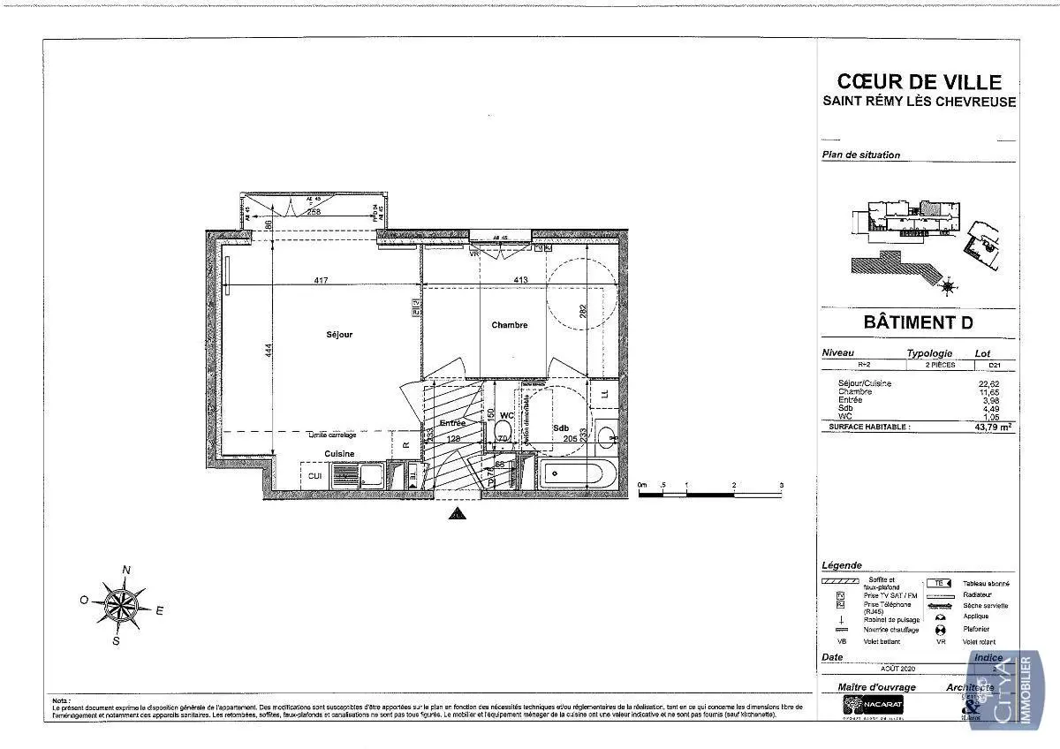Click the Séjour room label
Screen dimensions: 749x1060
[x=339, y=335]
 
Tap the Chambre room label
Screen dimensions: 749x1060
[x=510, y=325]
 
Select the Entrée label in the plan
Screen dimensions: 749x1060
[x=452, y=423]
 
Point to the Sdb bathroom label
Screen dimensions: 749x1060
[x=561, y=427]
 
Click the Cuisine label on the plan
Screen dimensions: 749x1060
[x=339, y=453]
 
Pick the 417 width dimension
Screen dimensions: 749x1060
[x=321, y=281]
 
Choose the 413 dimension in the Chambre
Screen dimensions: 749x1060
[x=520, y=281]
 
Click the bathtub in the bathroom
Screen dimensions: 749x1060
[x=577, y=474]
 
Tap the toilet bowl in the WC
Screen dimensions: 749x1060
[x=503, y=430]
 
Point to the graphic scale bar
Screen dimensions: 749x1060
[x=711, y=493]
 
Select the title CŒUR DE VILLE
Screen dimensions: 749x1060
[x=919, y=82]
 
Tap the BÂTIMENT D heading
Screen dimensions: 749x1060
[x=919, y=322]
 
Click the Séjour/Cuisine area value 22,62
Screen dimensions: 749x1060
[x=998, y=383]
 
